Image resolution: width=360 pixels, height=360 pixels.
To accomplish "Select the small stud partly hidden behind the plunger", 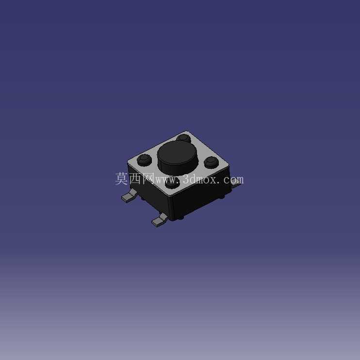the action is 184,138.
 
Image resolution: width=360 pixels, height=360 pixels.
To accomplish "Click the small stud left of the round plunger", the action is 144,160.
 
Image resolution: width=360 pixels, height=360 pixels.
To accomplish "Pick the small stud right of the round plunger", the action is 211,162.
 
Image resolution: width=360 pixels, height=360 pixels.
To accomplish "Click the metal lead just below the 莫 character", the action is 129,196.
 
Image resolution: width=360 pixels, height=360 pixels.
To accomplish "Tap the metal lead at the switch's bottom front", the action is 160,220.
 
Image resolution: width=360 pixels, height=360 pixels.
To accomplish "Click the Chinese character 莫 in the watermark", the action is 121,179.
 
